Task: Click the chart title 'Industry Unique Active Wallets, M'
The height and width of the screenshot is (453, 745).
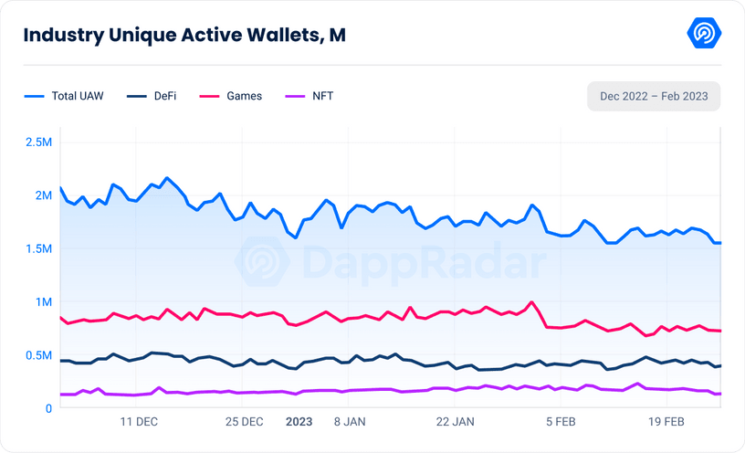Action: click(x=184, y=35)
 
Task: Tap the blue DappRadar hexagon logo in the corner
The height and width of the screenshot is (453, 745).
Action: click(x=704, y=34)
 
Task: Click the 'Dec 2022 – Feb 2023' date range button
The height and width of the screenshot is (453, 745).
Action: click(x=654, y=96)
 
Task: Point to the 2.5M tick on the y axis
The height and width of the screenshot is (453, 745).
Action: click(x=39, y=142)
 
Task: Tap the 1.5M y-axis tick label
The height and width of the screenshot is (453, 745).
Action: click(x=39, y=248)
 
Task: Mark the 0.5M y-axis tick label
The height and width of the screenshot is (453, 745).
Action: click(x=39, y=355)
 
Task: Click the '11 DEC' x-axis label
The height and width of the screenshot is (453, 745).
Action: click(x=139, y=422)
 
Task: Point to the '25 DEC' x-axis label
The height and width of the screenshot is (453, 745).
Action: click(x=245, y=422)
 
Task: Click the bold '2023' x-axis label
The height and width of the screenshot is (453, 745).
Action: click(x=299, y=422)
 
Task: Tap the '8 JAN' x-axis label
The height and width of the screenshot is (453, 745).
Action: click(x=351, y=422)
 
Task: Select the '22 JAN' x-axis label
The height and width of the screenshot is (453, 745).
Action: click(x=456, y=422)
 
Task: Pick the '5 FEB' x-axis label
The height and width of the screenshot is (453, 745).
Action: click(x=561, y=422)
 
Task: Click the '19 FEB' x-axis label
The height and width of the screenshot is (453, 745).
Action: click(x=666, y=422)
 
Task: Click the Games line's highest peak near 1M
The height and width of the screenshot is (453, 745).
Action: click(x=531, y=302)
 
